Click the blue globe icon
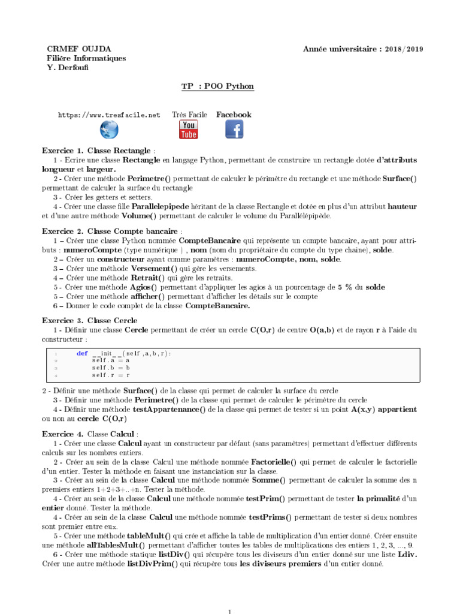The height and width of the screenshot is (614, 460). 109,129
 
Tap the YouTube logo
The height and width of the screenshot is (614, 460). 189,129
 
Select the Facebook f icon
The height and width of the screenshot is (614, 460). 234,129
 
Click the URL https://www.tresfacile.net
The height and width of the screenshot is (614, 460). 109,115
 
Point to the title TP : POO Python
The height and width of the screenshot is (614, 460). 217,86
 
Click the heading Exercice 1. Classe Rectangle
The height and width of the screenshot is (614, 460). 98,151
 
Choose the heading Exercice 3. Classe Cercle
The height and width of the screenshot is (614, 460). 90,320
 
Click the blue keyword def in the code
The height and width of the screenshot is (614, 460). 82,353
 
